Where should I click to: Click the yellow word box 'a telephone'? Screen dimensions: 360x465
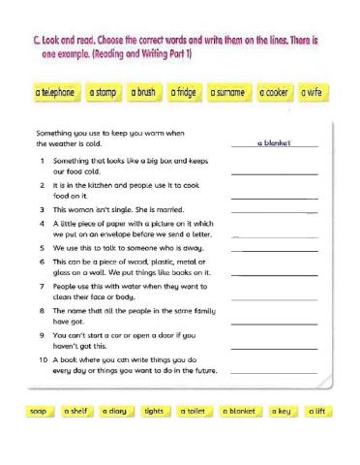click(x=54, y=93)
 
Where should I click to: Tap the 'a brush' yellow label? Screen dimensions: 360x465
click(x=142, y=93)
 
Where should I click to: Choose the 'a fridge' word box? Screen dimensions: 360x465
click(x=184, y=93)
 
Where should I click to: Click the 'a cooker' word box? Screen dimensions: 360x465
click(x=275, y=93)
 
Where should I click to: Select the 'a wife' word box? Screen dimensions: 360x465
click(x=313, y=93)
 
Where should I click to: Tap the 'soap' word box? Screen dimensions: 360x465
click(x=39, y=412)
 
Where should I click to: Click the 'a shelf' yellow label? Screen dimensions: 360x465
click(x=76, y=412)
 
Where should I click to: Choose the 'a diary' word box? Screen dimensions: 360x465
click(x=115, y=412)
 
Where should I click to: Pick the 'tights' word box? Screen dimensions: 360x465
click(x=154, y=412)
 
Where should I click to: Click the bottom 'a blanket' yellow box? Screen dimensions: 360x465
click(x=238, y=412)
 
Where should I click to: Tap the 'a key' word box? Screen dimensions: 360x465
click(x=281, y=412)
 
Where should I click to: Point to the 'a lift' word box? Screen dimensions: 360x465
click(x=316, y=412)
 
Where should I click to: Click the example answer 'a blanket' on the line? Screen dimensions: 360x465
click(x=275, y=143)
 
